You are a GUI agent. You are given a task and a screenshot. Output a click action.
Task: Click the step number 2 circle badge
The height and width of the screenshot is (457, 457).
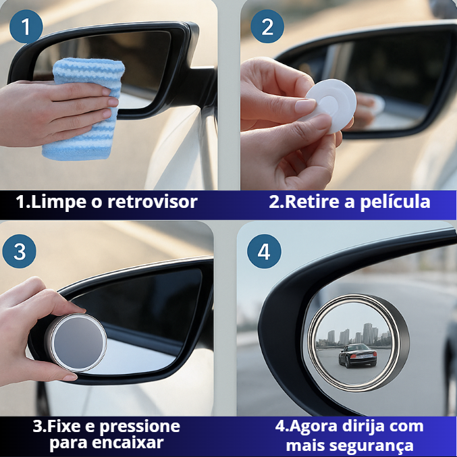(267, 27)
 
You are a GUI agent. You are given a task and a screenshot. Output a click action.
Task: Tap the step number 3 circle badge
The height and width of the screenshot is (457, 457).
(20, 252)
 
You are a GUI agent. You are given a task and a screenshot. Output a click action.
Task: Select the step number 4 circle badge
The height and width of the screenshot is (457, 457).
(264, 252)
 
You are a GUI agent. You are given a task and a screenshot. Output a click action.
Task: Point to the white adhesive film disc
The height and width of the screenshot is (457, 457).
(331, 105)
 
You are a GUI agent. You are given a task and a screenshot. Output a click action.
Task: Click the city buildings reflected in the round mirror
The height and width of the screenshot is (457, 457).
(354, 334)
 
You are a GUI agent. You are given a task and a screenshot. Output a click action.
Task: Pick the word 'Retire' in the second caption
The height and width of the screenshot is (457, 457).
(312, 202)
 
